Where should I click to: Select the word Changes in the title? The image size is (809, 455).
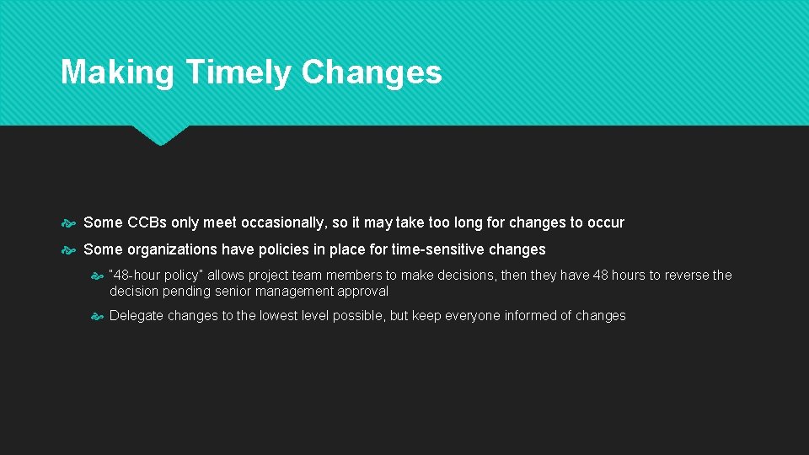tap(372, 72)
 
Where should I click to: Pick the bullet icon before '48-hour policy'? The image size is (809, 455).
tap(98, 276)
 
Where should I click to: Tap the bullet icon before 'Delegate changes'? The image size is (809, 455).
tap(98, 316)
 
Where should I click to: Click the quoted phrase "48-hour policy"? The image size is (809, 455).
tap(157, 275)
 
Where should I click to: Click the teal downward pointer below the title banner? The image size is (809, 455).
tap(160, 135)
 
